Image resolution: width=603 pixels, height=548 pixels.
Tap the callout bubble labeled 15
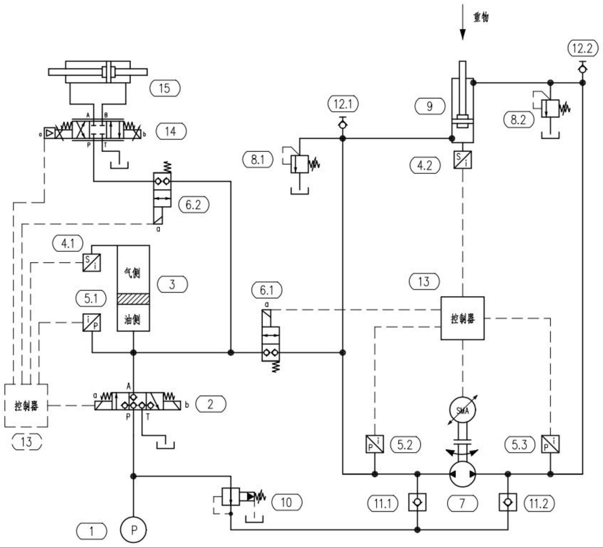[x=165, y=88]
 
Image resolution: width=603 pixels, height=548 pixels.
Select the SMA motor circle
[x=463, y=410]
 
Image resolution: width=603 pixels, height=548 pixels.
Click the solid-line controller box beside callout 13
[x=462, y=318]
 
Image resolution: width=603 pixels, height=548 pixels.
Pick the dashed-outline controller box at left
[x=26, y=405]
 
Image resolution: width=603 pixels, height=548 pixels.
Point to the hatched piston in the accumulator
[x=133, y=299]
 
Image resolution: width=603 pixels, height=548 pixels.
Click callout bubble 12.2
[x=583, y=48]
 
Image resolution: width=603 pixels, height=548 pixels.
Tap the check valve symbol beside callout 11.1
[x=417, y=502]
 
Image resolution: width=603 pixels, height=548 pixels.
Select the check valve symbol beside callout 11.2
[x=508, y=502]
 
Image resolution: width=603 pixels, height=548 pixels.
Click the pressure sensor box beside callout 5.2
[x=375, y=444]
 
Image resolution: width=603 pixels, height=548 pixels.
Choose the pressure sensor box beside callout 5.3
[x=550, y=444]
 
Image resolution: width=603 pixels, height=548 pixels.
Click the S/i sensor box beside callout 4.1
[x=92, y=262]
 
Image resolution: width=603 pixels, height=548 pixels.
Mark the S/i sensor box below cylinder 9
[x=463, y=160]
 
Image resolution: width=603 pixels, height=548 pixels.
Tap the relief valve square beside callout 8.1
[x=300, y=164]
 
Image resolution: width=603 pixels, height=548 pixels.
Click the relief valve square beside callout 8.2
[x=550, y=108]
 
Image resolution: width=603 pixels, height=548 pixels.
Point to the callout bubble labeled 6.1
[x=267, y=290]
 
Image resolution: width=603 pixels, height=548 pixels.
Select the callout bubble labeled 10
[x=287, y=502]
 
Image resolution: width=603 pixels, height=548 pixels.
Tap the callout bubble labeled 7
[x=462, y=504]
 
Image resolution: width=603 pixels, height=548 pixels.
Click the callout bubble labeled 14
[x=171, y=131]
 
